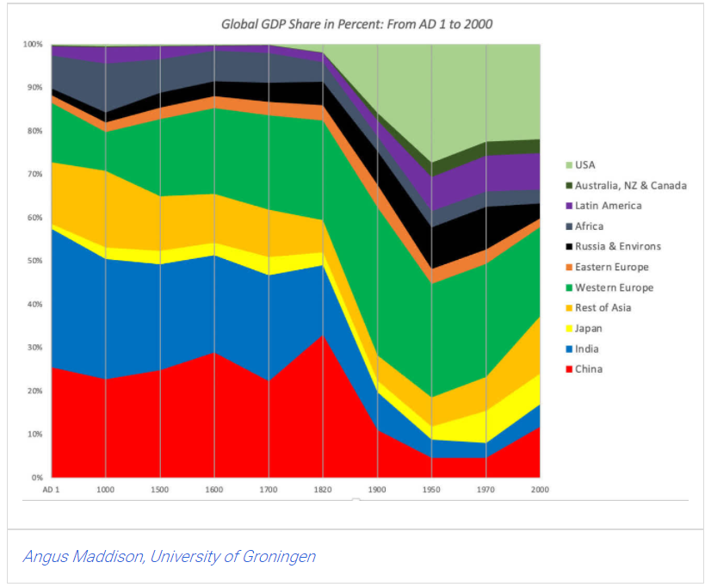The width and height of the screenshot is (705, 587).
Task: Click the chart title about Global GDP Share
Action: (356, 24)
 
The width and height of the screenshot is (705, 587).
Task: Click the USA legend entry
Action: (585, 164)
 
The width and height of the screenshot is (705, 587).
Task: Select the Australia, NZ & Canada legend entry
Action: (630, 185)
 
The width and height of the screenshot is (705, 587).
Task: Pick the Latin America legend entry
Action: (608, 206)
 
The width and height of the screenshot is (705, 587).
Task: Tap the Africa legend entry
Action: (589, 226)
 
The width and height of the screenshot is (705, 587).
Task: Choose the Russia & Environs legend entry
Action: (618, 246)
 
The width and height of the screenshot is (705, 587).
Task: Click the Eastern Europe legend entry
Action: (611, 267)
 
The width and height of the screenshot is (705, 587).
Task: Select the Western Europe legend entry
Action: (614, 287)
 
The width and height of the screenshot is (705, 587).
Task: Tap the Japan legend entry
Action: (589, 328)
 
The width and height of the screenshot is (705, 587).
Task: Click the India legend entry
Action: (587, 349)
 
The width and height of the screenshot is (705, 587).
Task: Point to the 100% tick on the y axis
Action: (33, 44)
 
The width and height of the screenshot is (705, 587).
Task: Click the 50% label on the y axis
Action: (34, 261)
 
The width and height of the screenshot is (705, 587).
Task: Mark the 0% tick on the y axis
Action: (36, 478)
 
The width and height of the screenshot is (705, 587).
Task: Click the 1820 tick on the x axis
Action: (323, 489)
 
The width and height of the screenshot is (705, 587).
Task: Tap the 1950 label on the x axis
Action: (432, 489)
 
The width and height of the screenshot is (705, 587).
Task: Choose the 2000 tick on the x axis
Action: (539, 489)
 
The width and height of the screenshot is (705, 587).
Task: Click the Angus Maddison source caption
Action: (169, 556)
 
